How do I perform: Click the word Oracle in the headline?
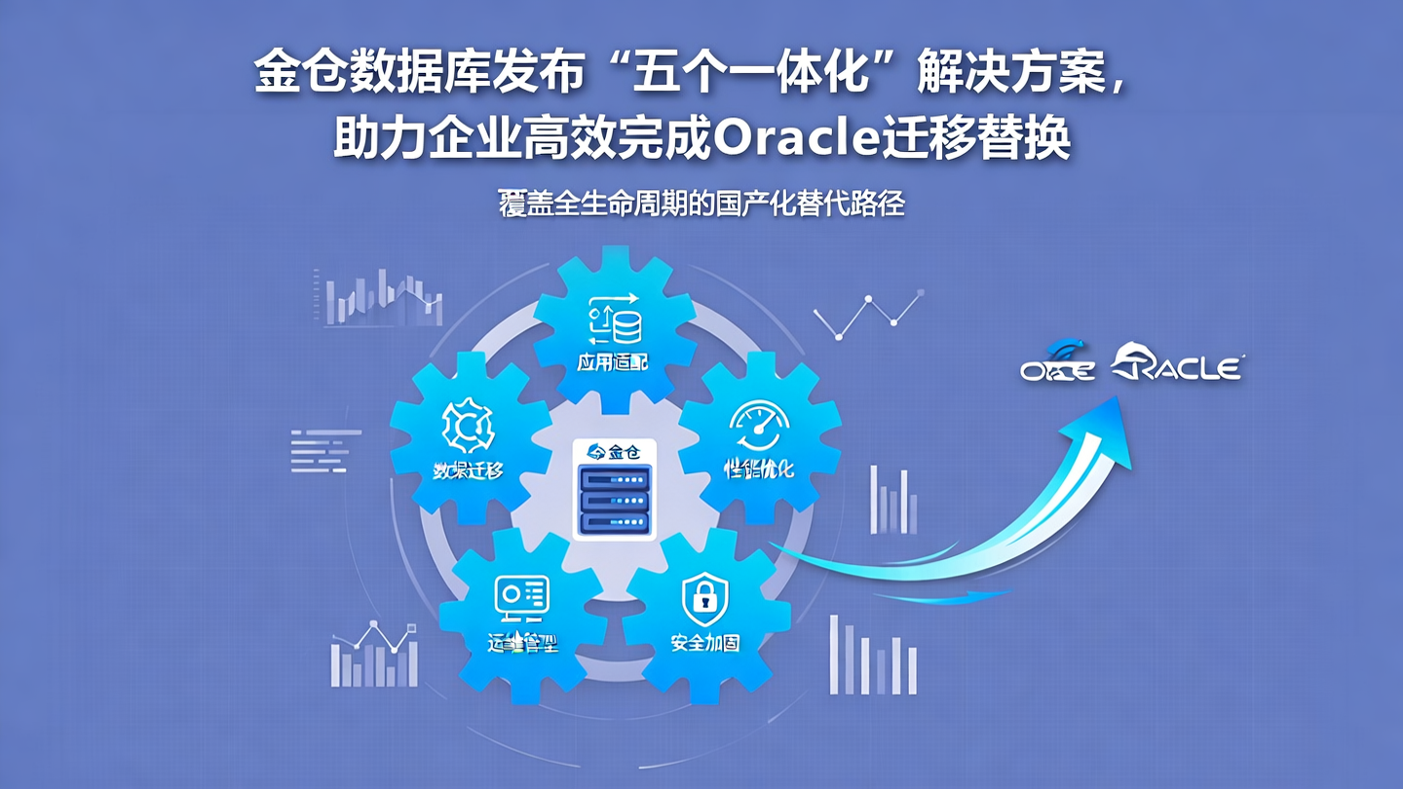point(797,140)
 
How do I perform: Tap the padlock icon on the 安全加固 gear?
point(704,598)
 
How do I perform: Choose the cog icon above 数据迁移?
point(468,425)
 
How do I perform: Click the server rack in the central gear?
point(615,499)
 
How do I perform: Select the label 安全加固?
point(704,643)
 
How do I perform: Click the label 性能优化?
point(759,470)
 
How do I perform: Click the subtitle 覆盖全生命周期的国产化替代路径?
point(701,206)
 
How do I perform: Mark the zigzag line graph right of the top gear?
point(867,314)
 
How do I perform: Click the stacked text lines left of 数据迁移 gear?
point(325,450)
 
